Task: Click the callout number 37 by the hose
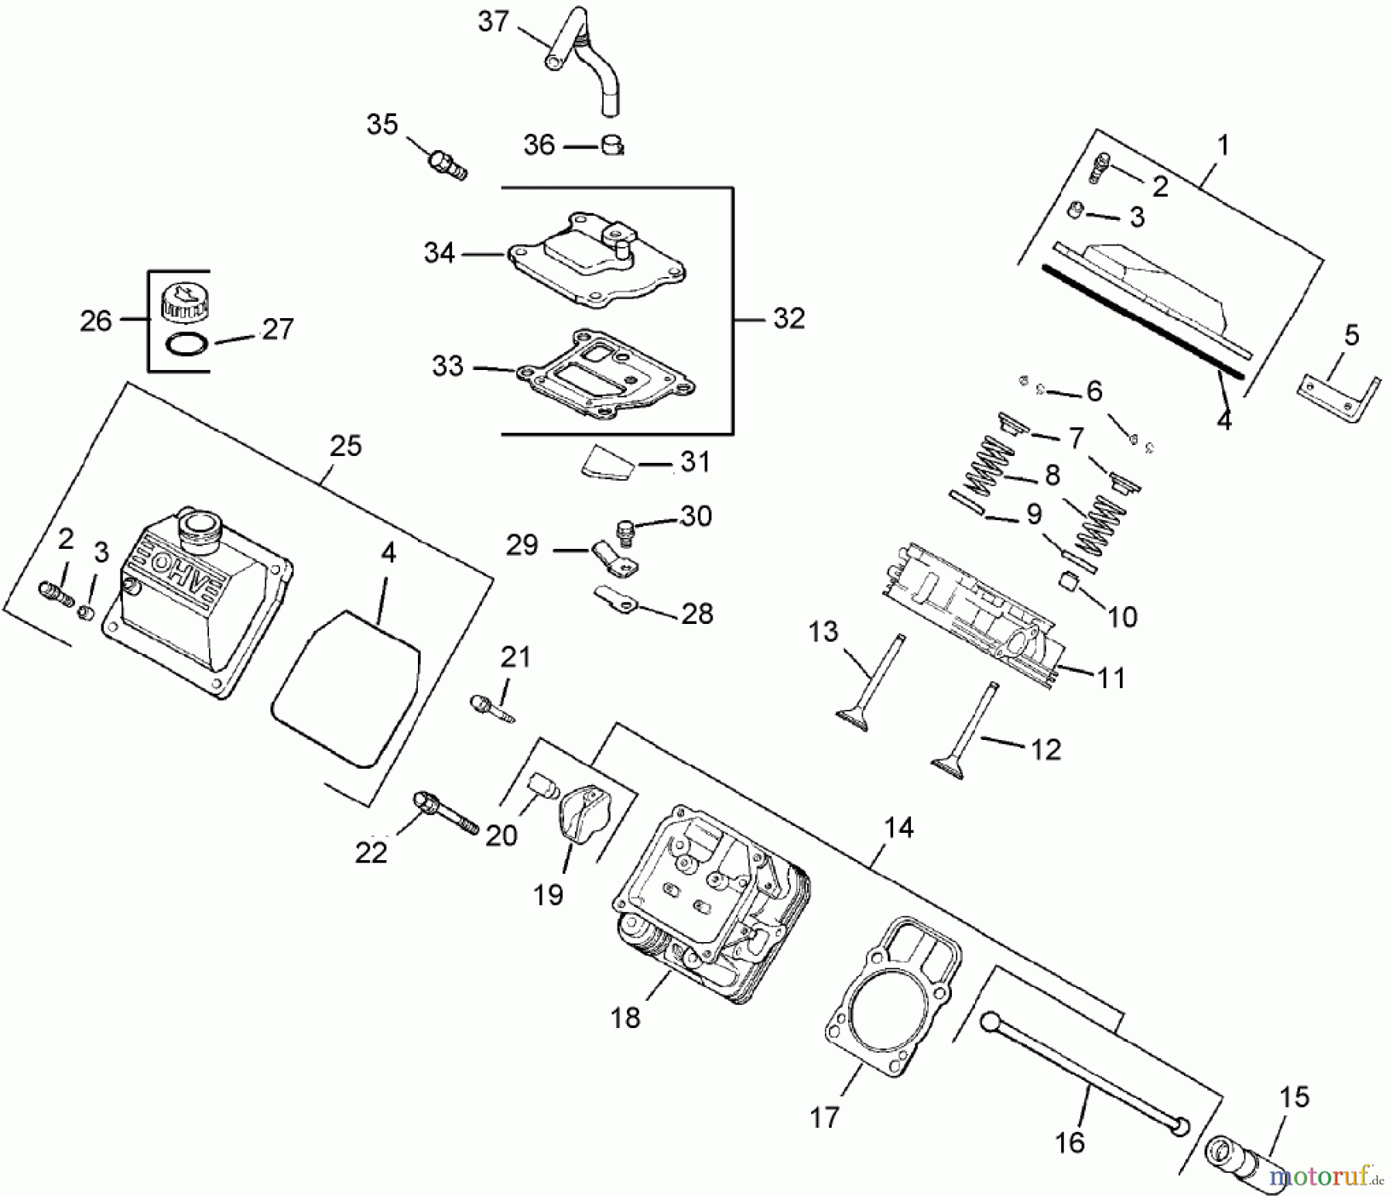[x=493, y=22]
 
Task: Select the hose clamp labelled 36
[x=612, y=145]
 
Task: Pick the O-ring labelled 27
[x=187, y=344]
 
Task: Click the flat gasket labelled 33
[x=604, y=375]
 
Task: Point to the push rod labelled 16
[x=1083, y=1073]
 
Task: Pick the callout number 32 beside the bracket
[x=789, y=318]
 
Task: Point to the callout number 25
[x=345, y=447]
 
